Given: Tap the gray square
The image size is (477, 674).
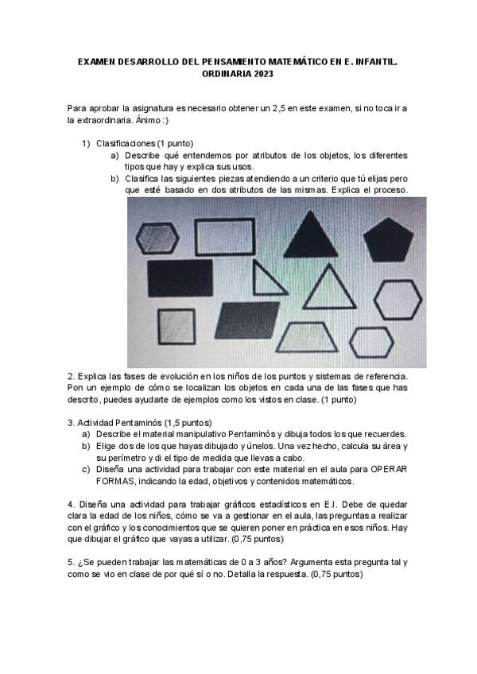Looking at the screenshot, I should point(176,325).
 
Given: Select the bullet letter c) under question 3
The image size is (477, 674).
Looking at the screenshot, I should point(86,469).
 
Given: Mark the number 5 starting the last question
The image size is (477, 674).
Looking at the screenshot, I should point(70,561).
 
